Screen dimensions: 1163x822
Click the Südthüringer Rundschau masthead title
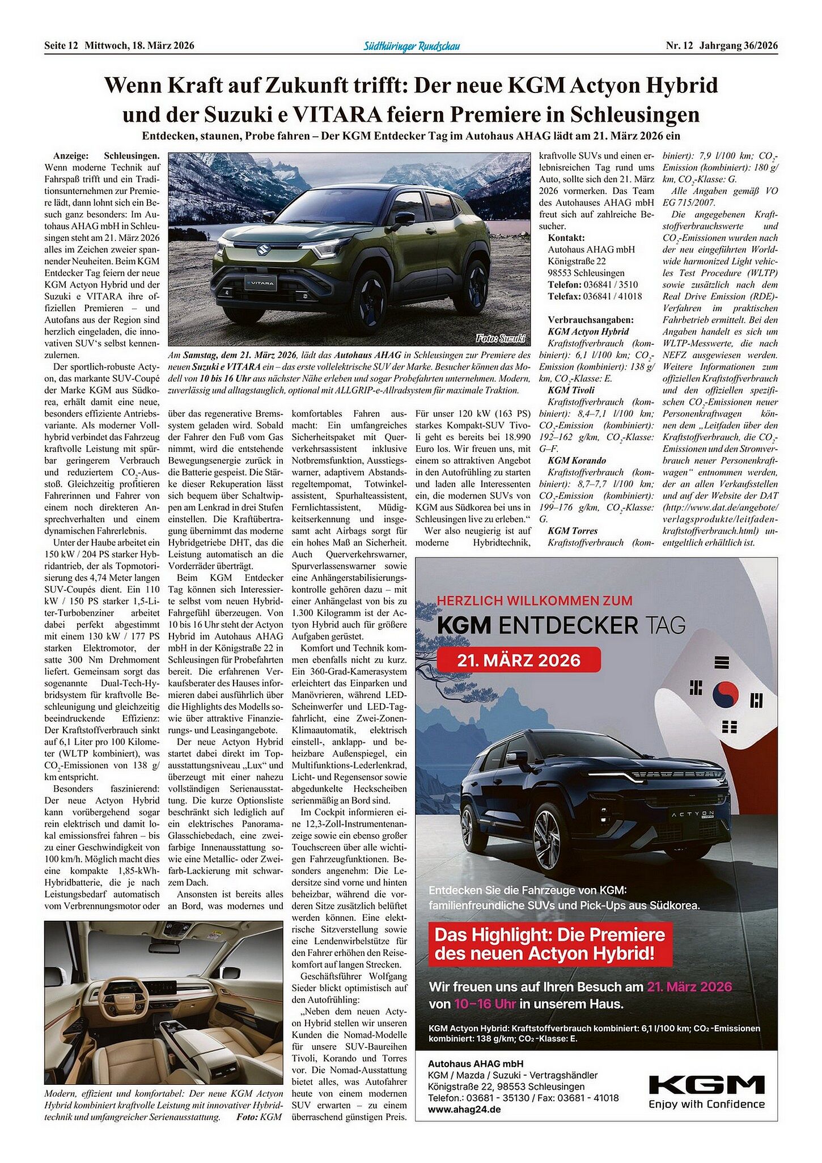click(x=411, y=46)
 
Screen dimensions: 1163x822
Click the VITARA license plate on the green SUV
click(x=260, y=282)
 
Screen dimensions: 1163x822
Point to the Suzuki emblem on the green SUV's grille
click(x=262, y=249)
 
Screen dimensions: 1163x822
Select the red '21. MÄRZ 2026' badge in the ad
click(x=519, y=660)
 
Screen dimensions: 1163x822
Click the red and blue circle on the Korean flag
click(x=725, y=695)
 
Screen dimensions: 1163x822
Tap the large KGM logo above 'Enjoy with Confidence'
click(x=706, y=1085)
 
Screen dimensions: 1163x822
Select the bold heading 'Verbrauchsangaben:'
click(x=591, y=320)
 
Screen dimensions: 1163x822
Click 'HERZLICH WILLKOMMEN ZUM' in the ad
click(x=535, y=600)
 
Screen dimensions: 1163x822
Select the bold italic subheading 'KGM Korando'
click(x=577, y=460)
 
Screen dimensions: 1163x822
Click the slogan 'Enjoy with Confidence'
click(x=706, y=1104)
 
